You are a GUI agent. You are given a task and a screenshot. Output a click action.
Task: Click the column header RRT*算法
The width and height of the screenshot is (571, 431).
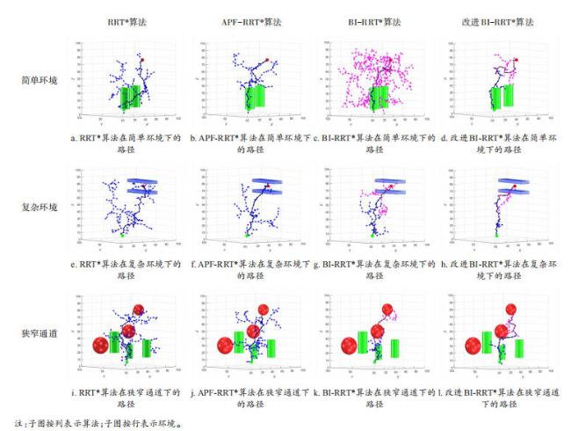[129, 16]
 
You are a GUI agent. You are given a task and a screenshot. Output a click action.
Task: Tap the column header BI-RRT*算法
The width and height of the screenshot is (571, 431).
[357, 16]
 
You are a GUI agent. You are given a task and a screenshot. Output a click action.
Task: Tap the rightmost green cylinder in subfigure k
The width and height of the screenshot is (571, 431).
[395, 349]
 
